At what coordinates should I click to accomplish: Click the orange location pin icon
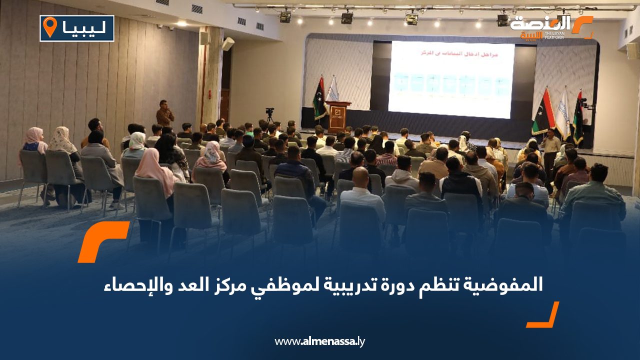[50, 27]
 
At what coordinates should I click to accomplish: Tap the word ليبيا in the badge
[84, 28]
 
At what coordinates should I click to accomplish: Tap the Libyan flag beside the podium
[319, 98]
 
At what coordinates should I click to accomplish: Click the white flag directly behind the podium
[332, 90]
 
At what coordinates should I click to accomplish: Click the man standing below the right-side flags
[551, 150]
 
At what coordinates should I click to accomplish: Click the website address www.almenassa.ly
[320, 341]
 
